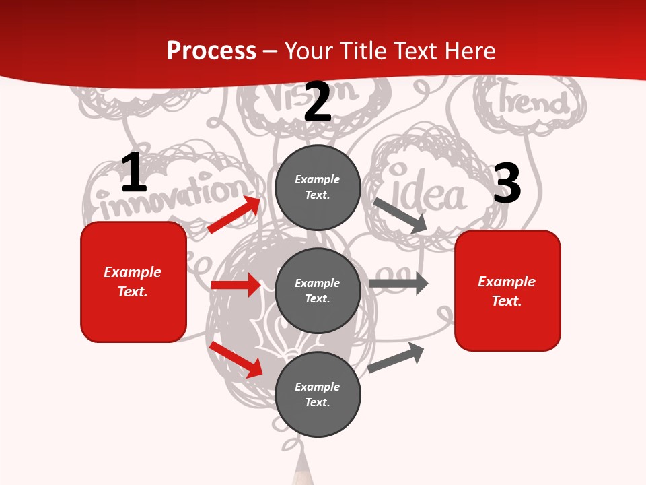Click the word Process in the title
pyautogui.click(x=211, y=51)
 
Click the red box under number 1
pyautogui.click(x=133, y=282)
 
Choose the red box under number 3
pyautogui.click(x=507, y=290)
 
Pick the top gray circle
pyautogui.click(x=318, y=187)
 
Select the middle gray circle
pyautogui.click(x=318, y=290)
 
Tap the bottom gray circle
pyautogui.click(x=318, y=394)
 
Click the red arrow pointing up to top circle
pyautogui.click(x=234, y=215)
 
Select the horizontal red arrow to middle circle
pyautogui.click(x=236, y=285)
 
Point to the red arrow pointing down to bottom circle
pyautogui.click(x=236, y=359)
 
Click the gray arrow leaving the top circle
pyautogui.click(x=400, y=216)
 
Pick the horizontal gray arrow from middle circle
pyautogui.click(x=398, y=284)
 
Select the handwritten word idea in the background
pyautogui.click(x=429, y=193)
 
